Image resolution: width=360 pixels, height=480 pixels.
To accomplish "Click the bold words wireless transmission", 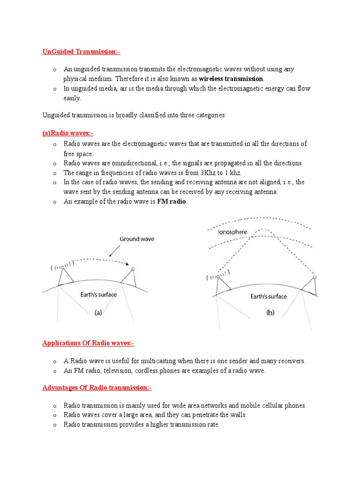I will tap(231, 78).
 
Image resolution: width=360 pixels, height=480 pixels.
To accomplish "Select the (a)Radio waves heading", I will tap(68, 133).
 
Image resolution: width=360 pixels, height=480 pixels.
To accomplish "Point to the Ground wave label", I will tap(136, 239).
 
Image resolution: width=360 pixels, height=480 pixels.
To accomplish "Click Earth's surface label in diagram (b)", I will tap(269, 296).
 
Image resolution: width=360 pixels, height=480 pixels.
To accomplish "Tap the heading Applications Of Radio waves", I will tap(89, 343).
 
